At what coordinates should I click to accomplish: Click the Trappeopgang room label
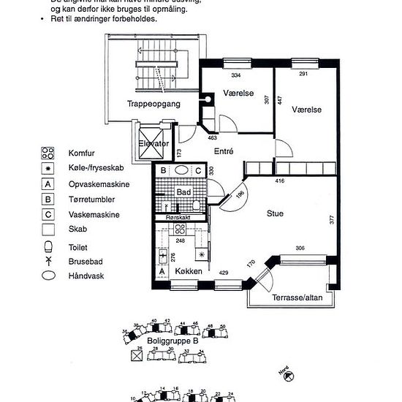click(153, 104)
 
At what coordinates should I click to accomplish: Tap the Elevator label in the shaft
click(154, 143)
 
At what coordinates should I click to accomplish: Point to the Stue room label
click(275, 213)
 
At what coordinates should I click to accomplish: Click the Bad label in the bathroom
click(183, 192)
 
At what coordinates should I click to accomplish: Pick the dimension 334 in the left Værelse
click(236, 75)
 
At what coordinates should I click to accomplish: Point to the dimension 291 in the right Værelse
click(305, 75)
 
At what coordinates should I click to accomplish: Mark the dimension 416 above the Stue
click(279, 179)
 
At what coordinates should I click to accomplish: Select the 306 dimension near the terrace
click(299, 249)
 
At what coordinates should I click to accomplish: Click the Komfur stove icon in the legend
click(49, 153)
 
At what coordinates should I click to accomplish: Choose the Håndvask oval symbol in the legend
click(49, 276)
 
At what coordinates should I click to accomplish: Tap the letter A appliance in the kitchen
click(162, 272)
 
